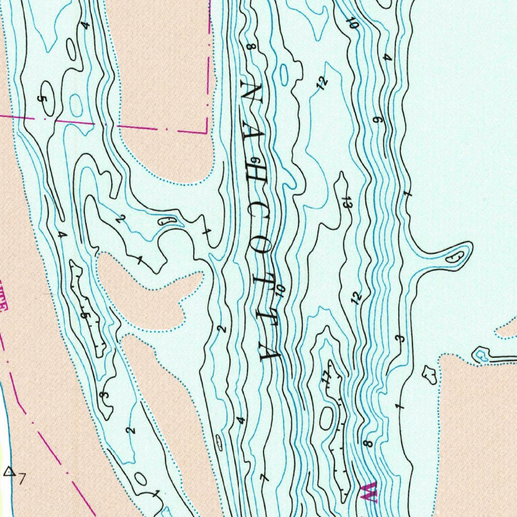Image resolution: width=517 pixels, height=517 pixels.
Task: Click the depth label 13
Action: coord(346,202)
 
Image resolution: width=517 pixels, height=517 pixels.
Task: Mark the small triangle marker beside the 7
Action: coord(9,472)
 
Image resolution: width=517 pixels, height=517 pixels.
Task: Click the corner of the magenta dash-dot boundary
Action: coord(207,132)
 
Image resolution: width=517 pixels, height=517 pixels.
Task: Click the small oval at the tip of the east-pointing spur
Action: coord(456,256)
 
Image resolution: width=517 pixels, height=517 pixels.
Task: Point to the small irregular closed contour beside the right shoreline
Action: coord(431,374)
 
